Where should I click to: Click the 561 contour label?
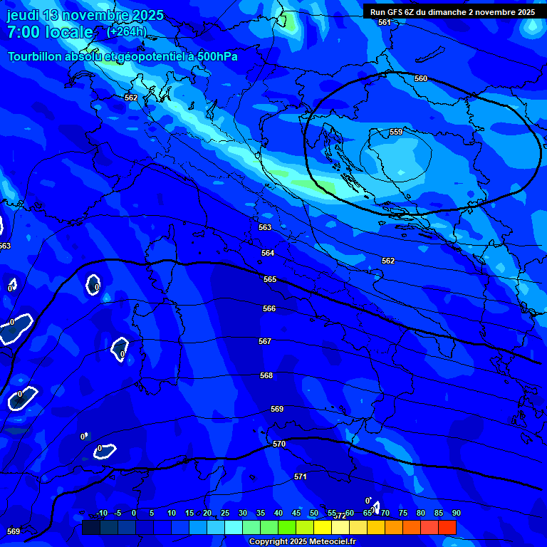385,22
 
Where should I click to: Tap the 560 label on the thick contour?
421,78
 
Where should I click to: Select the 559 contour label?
396,132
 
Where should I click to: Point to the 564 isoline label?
268,253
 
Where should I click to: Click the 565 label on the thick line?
270,279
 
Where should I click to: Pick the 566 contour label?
269,308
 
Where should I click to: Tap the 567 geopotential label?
265,341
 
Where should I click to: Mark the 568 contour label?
266,375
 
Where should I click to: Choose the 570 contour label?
279,444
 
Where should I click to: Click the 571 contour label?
301,476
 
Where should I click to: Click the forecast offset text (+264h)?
127,31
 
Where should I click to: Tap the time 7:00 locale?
50,32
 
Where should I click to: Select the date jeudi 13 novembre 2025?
85,15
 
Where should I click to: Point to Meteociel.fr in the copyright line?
330,542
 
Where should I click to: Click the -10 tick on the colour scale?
101,513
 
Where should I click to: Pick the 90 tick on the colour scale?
456,513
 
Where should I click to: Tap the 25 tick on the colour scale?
225,513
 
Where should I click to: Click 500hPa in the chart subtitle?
216,56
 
